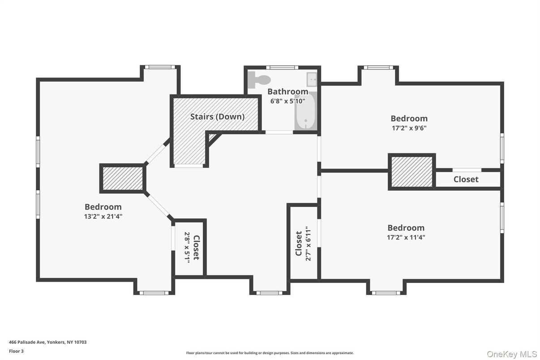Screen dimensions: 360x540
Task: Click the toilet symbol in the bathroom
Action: pyautogui.click(x=260, y=79)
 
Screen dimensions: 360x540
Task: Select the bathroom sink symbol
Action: pyautogui.click(x=312, y=80)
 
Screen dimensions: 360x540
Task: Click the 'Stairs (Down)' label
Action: pyautogui.click(x=217, y=117)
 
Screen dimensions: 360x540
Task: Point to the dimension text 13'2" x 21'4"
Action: pyautogui.click(x=103, y=216)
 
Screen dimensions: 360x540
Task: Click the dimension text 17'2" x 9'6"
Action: pyautogui.click(x=409, y=128)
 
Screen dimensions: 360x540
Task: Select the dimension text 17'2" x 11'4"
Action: pyautogui.click(x=406, y=237)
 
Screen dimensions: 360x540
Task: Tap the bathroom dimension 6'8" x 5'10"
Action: pyautogui.click(x=287, y=101)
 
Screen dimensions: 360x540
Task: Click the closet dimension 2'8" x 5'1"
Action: pyautogui.click(x=187, y=247)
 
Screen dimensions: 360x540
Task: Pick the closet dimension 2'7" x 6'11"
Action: pyautogui.click(x=308, y=244)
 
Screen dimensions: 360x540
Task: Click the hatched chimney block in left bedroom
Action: pyautogui.click(x=123, y=178)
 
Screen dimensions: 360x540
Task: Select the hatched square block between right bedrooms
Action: pyautogui.click(x=411, y=172)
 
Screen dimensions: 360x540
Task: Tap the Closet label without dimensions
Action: pyautogui.click(x=466, y=180)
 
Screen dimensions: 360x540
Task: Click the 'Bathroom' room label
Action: pyautogui.click(x=287, y=92)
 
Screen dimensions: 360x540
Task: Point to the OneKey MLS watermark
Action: pyautogui.click(x=512, y=354)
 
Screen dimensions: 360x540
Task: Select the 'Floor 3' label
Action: pyautogui.click(x=16, y=351)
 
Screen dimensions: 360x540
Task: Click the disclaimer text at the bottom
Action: pyautogui.click(x=270, y=353)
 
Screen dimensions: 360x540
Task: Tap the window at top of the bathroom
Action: pyautogui.click(x=282, y=68)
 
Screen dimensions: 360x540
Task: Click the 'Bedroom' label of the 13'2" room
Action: pyautogui.click(x=103, y=207)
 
